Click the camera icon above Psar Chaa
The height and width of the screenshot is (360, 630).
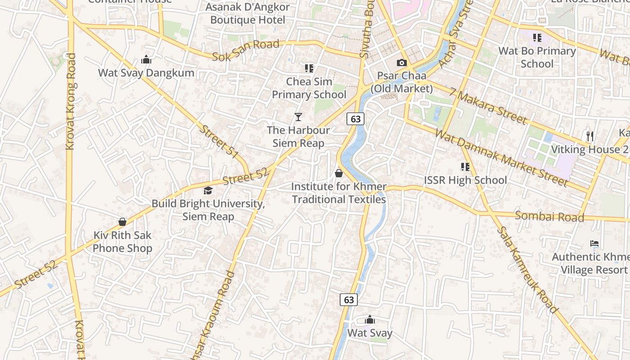coord(401,63)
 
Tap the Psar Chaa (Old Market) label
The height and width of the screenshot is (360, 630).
coord(401,82)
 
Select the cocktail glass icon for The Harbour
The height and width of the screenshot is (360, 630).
coord(298,117)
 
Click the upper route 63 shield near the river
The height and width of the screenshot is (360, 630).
coord(355,119)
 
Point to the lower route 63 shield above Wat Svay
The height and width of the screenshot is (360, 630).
coord(349,299)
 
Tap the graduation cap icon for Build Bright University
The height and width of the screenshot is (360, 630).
coord(208,191)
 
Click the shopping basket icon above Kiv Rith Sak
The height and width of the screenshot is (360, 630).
coord(122,222)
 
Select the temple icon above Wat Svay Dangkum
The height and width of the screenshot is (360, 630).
coord(146,59)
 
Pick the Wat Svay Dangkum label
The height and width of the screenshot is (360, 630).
coord(146,73)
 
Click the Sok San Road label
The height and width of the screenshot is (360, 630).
coord(246,50)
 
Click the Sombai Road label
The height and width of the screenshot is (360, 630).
coord(549,216)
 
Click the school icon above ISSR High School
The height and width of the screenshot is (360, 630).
coord(465,167)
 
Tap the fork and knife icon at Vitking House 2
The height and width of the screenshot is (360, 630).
coord(590,136)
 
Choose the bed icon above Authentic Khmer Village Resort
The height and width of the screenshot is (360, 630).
coord(594,243)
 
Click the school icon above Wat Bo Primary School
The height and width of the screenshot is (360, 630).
coord(537,38)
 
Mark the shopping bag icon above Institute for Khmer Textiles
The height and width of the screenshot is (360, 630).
coord(339,173)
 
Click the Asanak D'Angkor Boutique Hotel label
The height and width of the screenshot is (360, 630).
coord(247,13)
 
